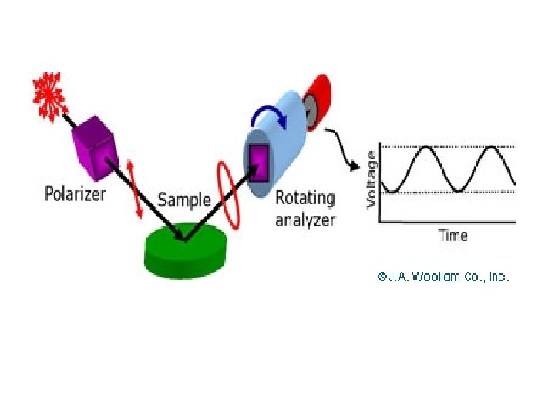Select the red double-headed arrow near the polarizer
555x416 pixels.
(x=136, y=188)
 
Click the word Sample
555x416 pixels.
(x=184, y=200)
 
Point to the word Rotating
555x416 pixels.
(x=305, y=197)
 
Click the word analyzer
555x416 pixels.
(x=307, y=220)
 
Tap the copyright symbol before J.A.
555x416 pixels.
(x=381, y=276)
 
